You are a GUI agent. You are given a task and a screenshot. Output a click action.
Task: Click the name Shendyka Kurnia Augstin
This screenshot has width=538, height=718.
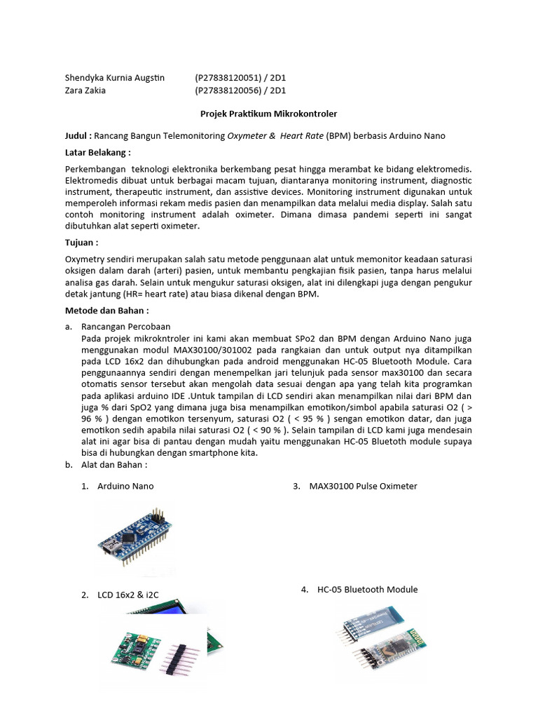click(114, 77)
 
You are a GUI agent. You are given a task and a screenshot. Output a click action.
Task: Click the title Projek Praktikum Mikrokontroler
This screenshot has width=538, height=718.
click(268, 113)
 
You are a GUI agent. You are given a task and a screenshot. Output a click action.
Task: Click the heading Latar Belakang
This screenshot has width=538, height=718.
click(97, 152)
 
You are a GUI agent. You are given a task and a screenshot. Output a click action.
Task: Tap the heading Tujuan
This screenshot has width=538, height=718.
click(81, 242)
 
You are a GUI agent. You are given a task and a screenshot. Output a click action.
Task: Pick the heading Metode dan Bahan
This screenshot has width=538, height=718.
click(106, 310)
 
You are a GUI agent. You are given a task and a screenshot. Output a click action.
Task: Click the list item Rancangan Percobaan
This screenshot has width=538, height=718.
click(125, 327)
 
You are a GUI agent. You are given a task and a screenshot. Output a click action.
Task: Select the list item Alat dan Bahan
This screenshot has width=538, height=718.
click(114, 464)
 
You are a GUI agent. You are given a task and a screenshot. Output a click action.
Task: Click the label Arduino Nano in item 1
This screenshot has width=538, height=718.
click(125, 486)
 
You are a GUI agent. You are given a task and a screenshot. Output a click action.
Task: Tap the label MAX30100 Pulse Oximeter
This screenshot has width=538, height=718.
click(363, 486)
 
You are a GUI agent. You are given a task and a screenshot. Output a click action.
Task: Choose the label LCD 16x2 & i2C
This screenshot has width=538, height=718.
click(128, 595)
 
